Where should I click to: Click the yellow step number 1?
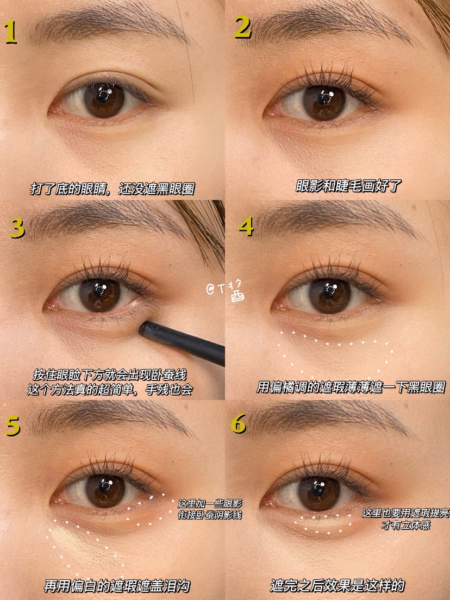(10, 32)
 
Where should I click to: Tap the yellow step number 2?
(243, 27)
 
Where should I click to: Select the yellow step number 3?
(17, 228)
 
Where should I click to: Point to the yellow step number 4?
(246, 227)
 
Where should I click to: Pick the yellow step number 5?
(12, 426)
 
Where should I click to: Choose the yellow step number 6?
(238, 423)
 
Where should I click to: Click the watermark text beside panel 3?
(226, 291)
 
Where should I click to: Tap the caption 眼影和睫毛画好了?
(348, 186)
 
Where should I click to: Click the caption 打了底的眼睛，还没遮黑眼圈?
(112, 189)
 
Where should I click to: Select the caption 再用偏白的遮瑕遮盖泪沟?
(117, 585)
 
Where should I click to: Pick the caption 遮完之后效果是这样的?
(337, 585)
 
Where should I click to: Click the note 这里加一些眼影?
(210, 504)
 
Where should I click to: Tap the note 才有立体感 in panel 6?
(406, 524)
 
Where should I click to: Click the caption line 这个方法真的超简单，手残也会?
(110, 389)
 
